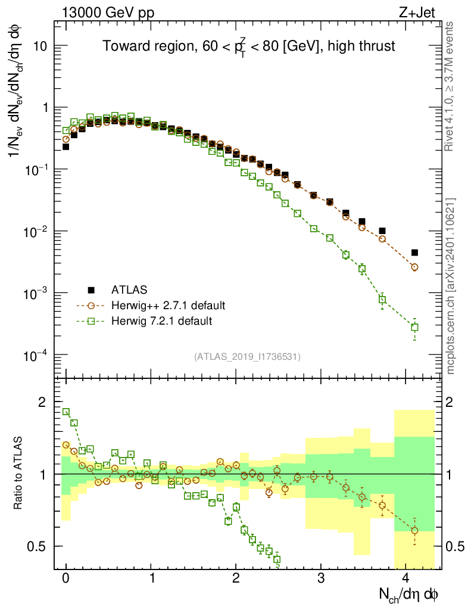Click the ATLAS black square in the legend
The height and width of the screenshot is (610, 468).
(91, 290)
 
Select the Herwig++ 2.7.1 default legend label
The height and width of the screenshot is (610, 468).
(168, 306)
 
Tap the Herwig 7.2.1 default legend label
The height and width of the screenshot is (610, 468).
(161, 321)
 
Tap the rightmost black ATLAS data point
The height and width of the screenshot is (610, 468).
(414, 253)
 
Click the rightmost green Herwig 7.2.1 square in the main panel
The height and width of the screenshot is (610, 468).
(414, 327)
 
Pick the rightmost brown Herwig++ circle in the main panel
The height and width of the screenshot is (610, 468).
(414, 267)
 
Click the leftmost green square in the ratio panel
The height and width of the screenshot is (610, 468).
(66, 412)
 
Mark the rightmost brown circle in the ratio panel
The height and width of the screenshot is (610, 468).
(414, 530)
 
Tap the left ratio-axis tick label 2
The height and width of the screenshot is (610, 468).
(42, 403)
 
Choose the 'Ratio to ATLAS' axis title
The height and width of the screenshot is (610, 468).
(19, 474)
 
